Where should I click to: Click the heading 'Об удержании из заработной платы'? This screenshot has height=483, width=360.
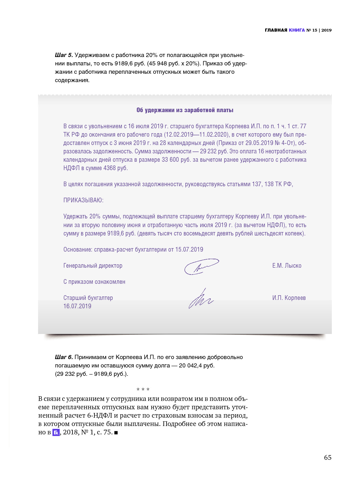coord(185,110)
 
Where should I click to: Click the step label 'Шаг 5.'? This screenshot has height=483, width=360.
coord(64,55)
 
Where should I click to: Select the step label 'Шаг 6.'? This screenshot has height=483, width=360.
coord(64,357)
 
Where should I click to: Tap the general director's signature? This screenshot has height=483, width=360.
coord(201,266)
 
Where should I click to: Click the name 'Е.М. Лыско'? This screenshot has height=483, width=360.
coord(287,266)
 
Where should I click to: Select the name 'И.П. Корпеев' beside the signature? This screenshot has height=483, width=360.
coord(289,298)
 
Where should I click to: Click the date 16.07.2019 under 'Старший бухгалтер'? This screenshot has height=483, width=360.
coord(77,306)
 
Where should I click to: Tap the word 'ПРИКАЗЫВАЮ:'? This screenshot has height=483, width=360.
coord(83,200)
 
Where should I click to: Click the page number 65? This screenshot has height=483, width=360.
coord(327,458)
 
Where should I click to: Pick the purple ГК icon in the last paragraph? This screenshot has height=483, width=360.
coord(56,433)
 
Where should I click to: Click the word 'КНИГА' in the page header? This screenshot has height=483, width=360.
coord(297,30)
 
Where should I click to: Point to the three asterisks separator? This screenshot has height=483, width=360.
coord(143,389)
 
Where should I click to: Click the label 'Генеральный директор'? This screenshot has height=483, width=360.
coord(93,266)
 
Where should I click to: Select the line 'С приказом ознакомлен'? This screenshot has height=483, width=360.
coord(94,282)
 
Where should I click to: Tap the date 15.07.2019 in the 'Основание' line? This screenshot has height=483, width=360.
coord(189,250)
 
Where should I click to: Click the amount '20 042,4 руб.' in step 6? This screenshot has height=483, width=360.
coord(197,366)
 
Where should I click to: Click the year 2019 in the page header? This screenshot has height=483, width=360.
coord(326,30)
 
